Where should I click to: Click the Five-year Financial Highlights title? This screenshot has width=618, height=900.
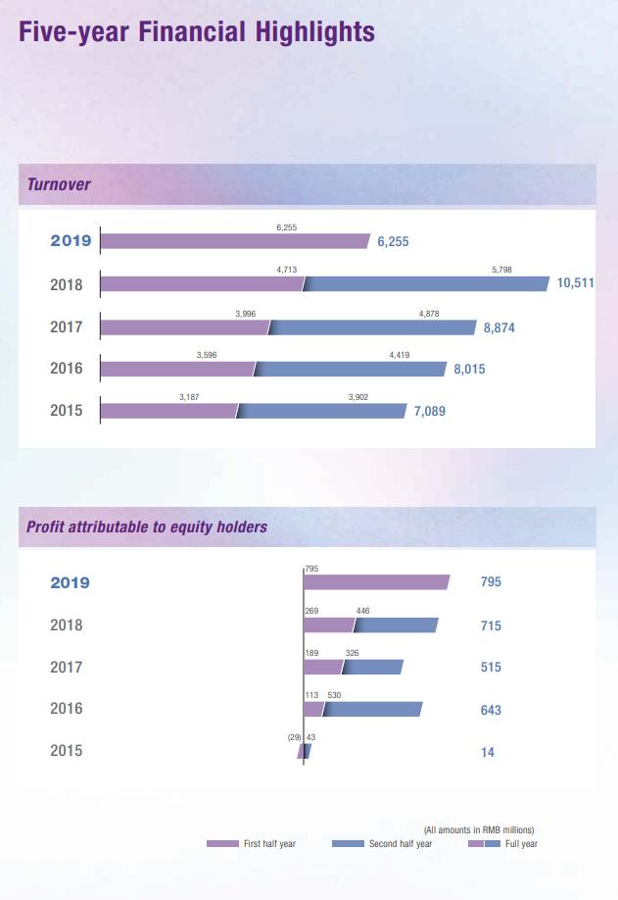pyautogui.click(x=197, y=32)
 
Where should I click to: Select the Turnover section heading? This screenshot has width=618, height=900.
pyautogui.click(x=59, y=183)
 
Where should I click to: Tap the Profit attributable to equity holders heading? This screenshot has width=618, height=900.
pyautogui.click(x=147, y=526)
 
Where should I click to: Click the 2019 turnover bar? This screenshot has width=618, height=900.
pyautogui.click(x=235, y=241)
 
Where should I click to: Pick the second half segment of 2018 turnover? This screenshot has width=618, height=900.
pyautogui.click(x=427, y=284)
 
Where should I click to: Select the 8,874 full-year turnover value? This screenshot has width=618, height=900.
pyautogui.click(x=499, y=328)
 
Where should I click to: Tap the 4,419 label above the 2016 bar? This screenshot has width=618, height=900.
pyautogui.click(x=400, y=355)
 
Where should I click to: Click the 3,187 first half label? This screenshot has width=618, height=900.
pyautogui.click(x=189, y=397)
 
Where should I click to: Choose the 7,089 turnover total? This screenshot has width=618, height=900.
pyautogui.click(x=429, y=412)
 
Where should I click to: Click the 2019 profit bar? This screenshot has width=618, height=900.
pyautogui.click(x=376, y=582)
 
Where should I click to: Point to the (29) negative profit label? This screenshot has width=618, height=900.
pyautogui.click(x=293, y=735)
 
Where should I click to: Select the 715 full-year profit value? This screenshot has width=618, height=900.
pyautogui.click(x=491, y=625)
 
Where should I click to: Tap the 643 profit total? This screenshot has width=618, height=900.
pyautogui.click(x=491, y=709)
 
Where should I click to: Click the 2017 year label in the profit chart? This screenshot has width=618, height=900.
pyautogui.click(x=67, y=667)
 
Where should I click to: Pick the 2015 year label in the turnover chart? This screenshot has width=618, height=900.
pyautogui.click(x=67, y=411)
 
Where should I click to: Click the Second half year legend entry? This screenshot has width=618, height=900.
pyautogui.click(x=382, y=844)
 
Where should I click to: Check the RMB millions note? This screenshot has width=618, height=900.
pyautogui.click(x=479, y=829)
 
